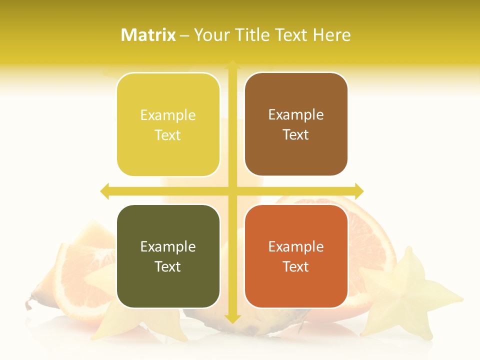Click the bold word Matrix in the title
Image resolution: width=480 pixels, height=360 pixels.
point(148,35)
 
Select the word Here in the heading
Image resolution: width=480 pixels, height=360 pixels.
point(331,35)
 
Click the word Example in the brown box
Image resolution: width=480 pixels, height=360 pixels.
point(296,115)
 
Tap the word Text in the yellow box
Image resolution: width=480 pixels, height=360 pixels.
point(168,135)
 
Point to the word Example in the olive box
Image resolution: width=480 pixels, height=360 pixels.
point(168,246)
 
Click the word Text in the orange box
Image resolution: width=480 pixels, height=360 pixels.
point(296,267)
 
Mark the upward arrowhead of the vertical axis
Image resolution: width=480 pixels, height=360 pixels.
point(232,65)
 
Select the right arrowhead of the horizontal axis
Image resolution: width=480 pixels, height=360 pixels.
point(359,191)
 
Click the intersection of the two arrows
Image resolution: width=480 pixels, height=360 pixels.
point(232,191)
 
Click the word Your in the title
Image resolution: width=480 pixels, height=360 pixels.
point(210,35)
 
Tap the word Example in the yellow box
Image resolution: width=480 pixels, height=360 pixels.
point(168,115)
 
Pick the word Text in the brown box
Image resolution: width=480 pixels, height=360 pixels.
point(296,135)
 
